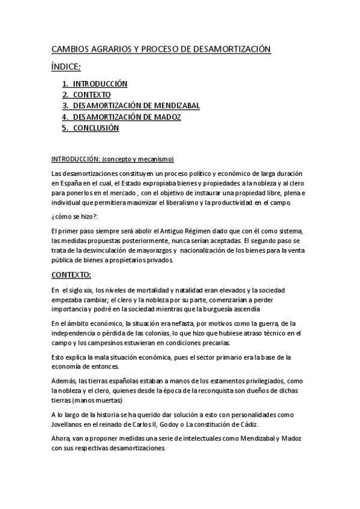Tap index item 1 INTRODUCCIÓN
pos(100,84)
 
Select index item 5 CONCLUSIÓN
pos(96,128)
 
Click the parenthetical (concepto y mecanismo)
pos(137,159)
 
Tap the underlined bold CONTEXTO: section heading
pos(71,274)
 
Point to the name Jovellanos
pos(70,424)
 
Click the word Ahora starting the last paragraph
pos(62,439)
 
